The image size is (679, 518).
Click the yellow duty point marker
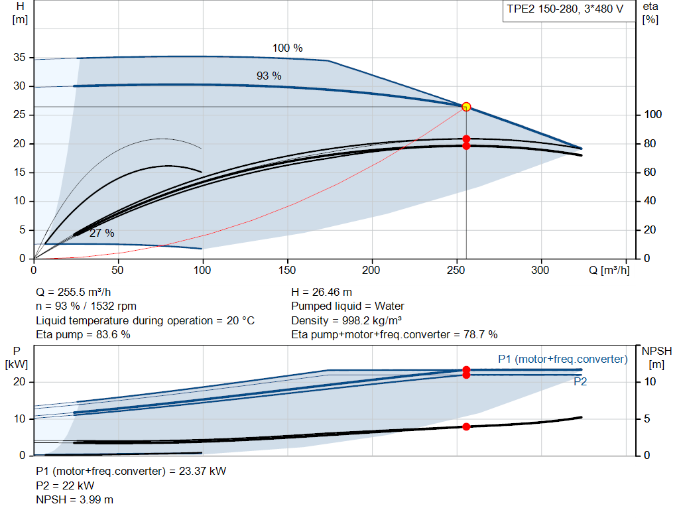tap(466, 107)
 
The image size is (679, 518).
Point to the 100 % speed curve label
tap(288, 48)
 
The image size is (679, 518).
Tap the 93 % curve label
tap(269, 76)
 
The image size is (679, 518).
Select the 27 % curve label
tap(101, 233)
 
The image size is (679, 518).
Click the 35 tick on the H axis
tap(19, 57)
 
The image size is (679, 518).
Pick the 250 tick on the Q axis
tap(456, 270)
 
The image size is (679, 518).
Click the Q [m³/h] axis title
tap(609, 270)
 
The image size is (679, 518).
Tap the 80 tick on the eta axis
tap(650, 143)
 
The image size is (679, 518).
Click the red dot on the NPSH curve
tap(466, 426)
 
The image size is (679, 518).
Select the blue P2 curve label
tap(580, 381)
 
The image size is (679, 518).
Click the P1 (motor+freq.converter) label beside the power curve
tap(563, 359)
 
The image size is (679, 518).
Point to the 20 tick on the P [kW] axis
tap(19, 381)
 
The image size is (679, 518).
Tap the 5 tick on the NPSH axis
tap(647, 419)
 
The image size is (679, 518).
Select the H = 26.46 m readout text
tap(322, 292)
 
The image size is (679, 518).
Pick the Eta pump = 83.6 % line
tap(83, 335)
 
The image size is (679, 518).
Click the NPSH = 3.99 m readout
tap(74, 500)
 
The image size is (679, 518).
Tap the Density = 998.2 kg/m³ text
tap(346, 320)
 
